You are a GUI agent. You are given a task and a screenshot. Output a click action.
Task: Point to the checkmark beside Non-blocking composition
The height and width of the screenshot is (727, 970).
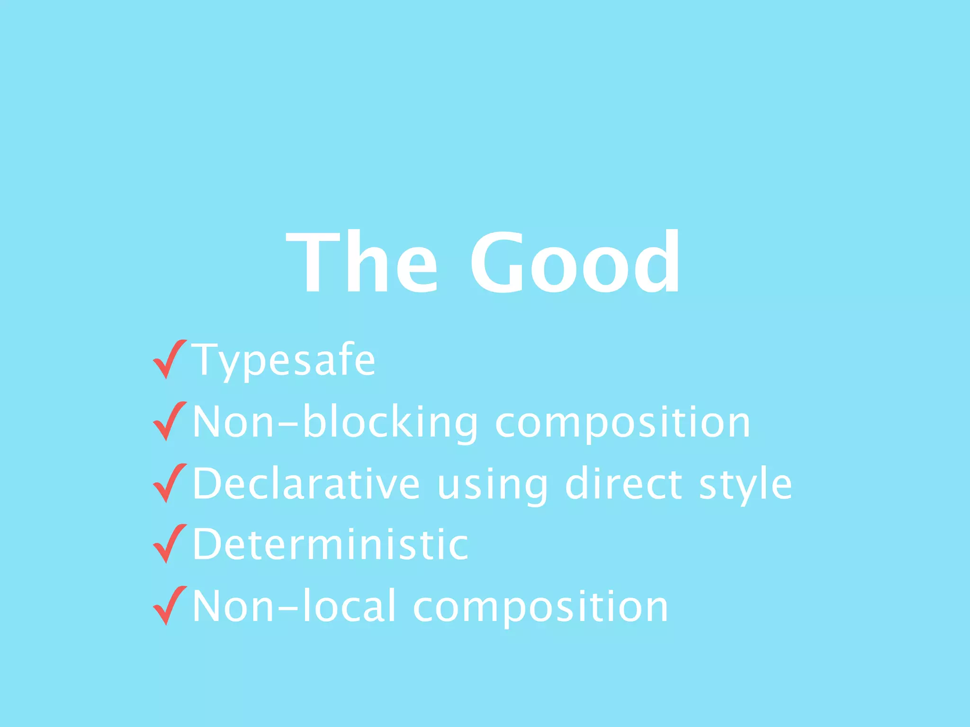170,421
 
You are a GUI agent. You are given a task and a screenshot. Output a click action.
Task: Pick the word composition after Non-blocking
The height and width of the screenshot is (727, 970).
622,423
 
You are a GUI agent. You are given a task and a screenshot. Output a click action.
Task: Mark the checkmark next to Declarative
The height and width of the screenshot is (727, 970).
170,482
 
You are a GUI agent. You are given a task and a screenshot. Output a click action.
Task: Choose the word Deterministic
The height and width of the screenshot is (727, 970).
331,544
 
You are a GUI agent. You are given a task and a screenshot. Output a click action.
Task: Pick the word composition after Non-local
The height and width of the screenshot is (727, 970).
540,607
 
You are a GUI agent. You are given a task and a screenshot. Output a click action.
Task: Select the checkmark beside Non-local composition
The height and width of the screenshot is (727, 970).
170,605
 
